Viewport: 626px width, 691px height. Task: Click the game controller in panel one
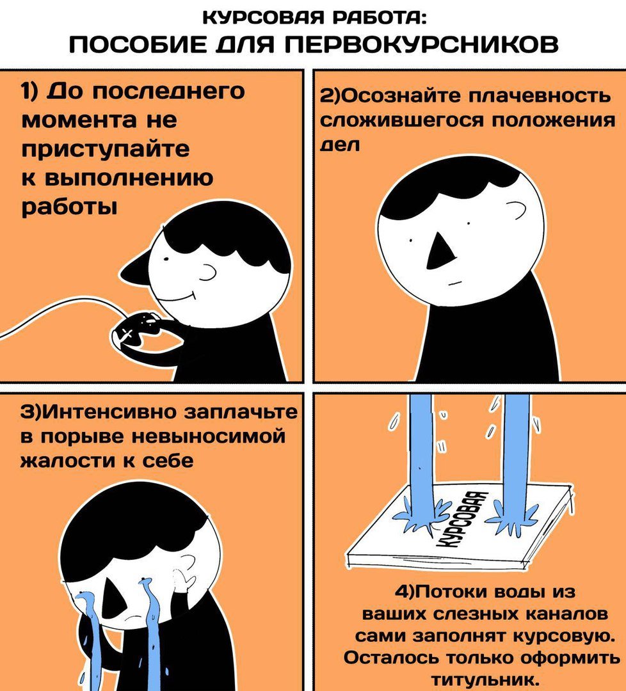(136, 330)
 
